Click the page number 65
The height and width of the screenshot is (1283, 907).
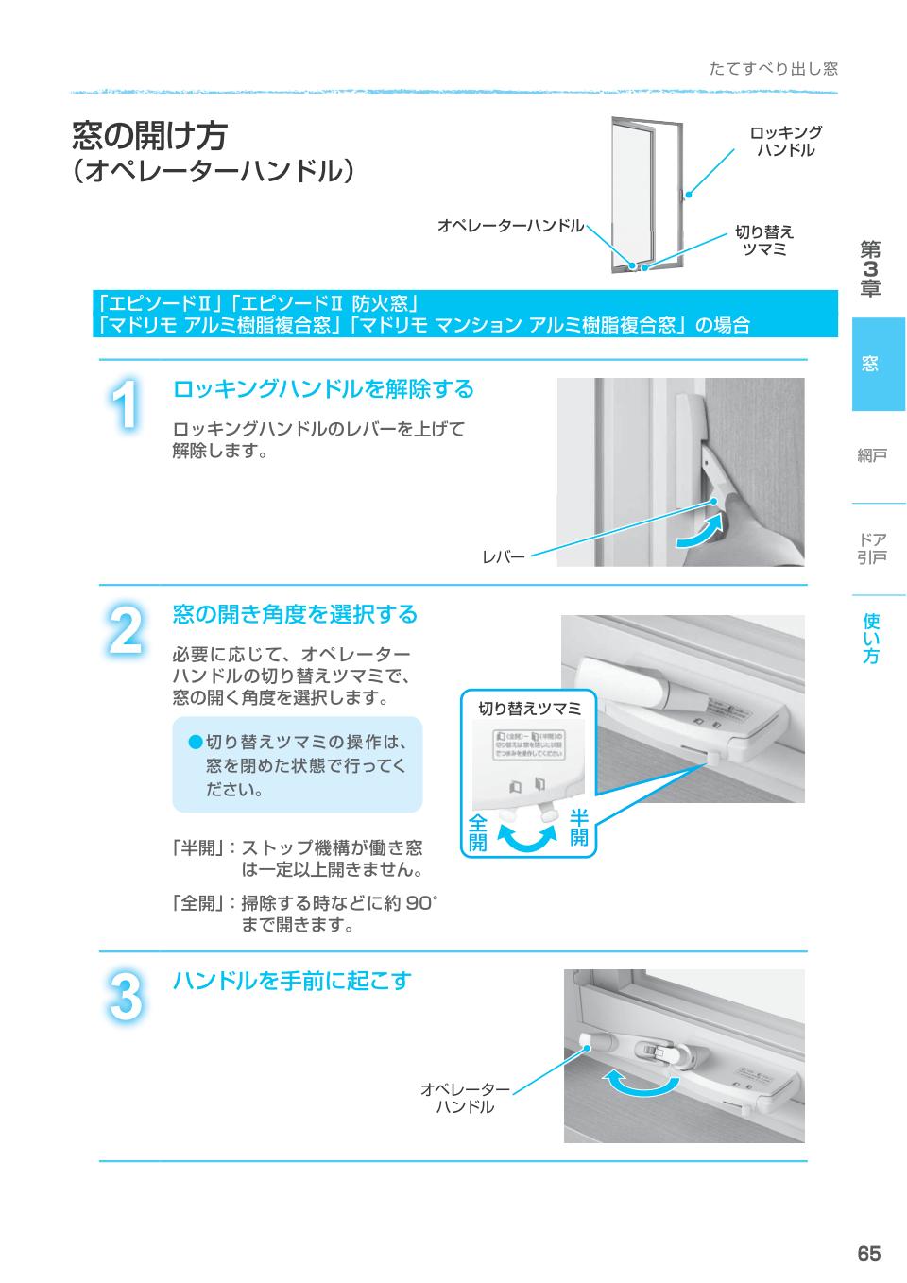(x=868, y=1254)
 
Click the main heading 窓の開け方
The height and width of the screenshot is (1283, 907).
(x=150, y=136)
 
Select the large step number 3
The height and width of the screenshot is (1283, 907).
(x=124, y=997)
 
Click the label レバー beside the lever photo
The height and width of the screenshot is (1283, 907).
(x=503, y=557)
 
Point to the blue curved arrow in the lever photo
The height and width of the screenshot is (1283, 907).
(x=703, y=531)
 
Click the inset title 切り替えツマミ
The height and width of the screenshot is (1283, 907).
(x=528, y=709)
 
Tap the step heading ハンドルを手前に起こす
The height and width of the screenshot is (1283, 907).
(x=292, y=981)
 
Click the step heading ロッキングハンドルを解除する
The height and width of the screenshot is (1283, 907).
(x=323, y=388)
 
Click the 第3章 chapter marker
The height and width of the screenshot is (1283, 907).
(x=869, y=269)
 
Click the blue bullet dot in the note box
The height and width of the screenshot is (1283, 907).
(x=195, y=741)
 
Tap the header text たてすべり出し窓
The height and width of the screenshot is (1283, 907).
(x=773, y=69)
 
